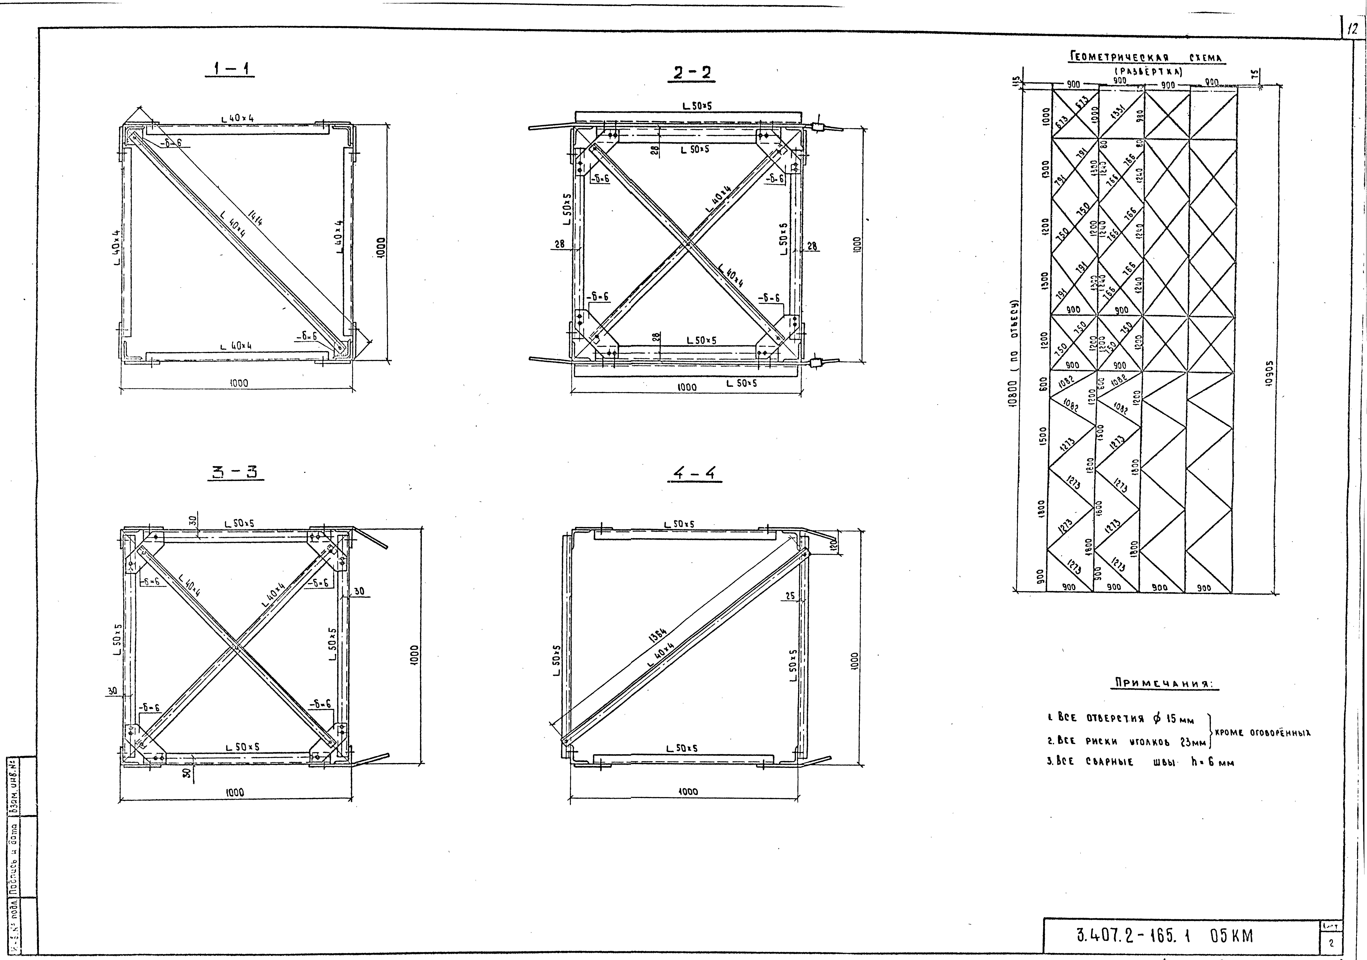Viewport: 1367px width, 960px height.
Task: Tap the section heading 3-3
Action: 236,473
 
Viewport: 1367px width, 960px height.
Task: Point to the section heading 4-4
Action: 694,474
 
